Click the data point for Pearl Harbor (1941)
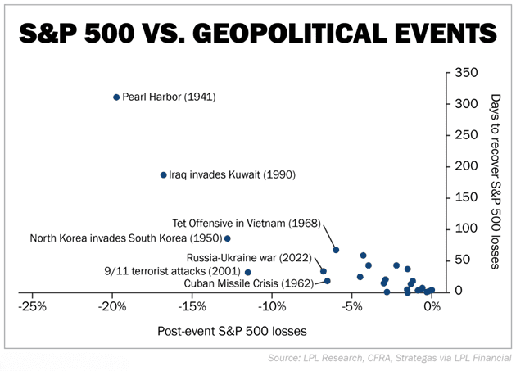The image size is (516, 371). point(116,97)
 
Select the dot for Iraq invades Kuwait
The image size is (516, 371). point(163,174)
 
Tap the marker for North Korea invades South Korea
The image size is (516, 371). point(228,238)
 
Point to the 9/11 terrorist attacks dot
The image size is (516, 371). point(248,272)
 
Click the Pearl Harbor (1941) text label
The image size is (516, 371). point(169,97)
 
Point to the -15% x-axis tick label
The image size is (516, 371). point(192,307)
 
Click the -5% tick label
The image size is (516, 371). point(352,307)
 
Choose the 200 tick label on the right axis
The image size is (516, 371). point(465,166)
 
